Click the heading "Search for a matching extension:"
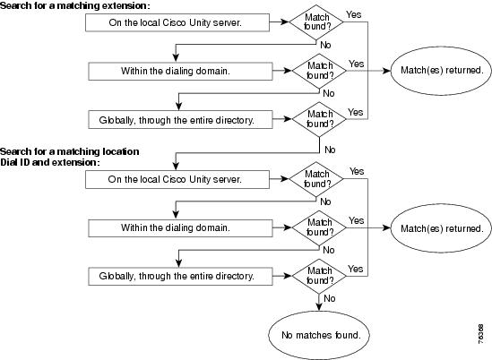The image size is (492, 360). [x=75, y=5]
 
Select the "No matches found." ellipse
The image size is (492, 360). [x=319, y=335]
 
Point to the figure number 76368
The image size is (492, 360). [x=480, y=334]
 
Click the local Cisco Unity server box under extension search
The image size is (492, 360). [x=177, y=22]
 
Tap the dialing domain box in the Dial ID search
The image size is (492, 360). [x=180, y=228]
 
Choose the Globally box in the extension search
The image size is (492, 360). [x=180, y=120]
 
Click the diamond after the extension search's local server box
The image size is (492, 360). [x=316, y=22]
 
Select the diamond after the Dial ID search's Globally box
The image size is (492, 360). [x=319, y=276]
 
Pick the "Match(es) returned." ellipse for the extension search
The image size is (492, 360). [x=441, y=71]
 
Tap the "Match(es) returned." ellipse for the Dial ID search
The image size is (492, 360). [x=441, y=228]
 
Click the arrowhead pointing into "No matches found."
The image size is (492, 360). [x=319, y=307]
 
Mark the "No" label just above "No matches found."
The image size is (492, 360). [x=330, y=298]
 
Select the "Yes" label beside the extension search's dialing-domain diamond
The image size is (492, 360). [x=357, y=64]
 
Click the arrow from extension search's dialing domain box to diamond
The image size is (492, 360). [x=282, y=71]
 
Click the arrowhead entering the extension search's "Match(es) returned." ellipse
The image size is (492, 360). [x=386, y=71]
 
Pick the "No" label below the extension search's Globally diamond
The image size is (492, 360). [x=330, y=150]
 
